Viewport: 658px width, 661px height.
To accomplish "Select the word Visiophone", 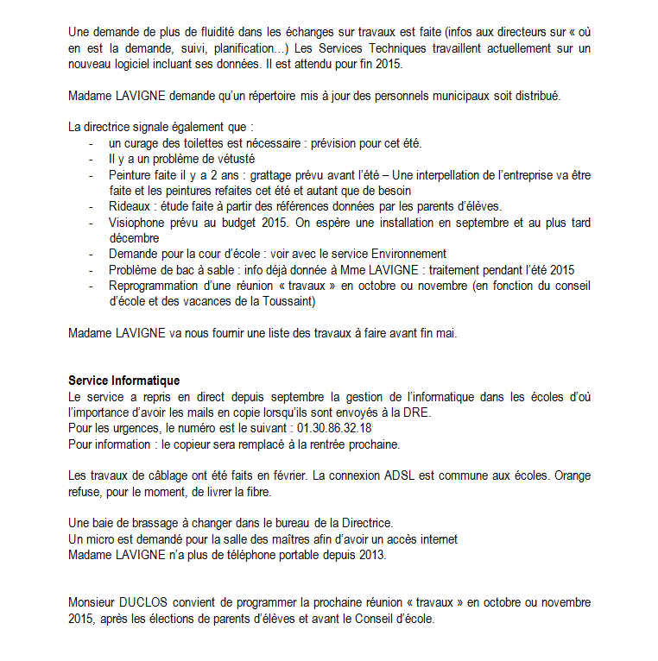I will coord(138,222).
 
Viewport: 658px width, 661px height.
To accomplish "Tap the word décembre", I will coord(134,237).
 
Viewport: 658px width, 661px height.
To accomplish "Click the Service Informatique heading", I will coord(123,381).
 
